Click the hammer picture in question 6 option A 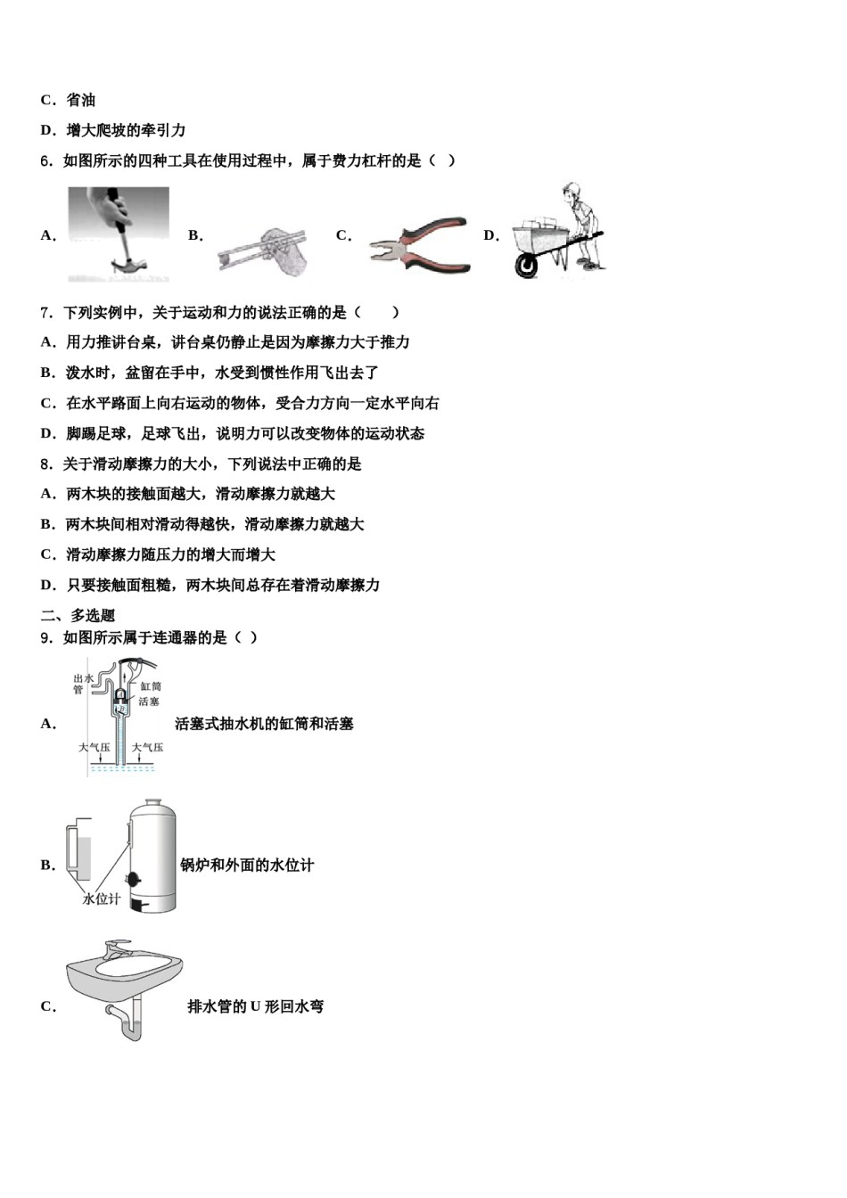point(119,234)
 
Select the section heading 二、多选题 point(78,615)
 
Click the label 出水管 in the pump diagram point(83,684)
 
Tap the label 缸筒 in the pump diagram point(151,686)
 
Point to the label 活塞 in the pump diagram point(149,702)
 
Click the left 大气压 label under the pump point(94,747)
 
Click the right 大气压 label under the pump point(148,747)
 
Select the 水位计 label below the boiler point(101,898)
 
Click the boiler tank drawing point(152,856)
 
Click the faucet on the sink point(116,946)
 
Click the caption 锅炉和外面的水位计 point(247,866)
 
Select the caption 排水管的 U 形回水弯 point(256,1006)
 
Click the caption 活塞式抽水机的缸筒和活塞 point(264,724)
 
